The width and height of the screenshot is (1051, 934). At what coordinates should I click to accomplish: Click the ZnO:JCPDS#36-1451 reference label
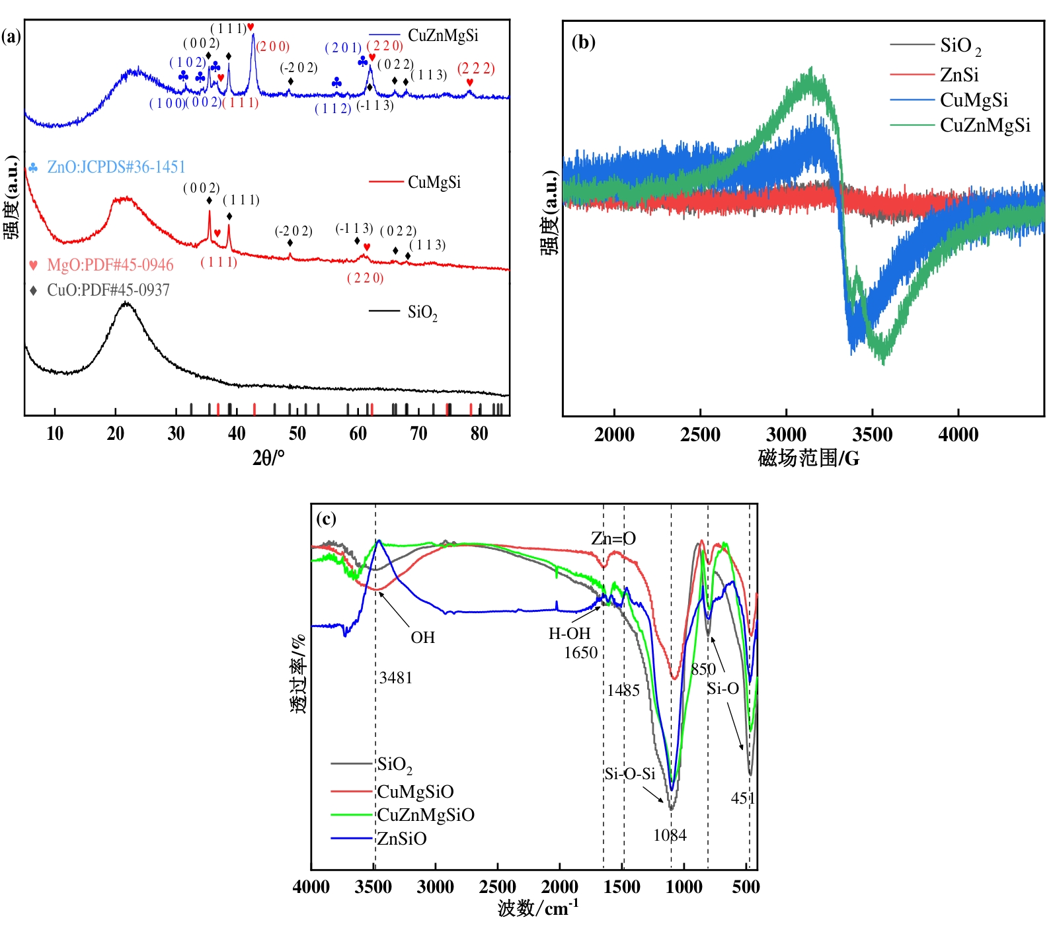[116, 167]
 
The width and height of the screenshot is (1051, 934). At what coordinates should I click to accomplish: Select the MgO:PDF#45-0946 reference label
[110, 265]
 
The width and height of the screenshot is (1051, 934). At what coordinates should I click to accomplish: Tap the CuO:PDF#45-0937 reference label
[108, 290]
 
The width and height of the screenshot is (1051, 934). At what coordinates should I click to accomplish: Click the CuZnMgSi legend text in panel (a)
[443, 36]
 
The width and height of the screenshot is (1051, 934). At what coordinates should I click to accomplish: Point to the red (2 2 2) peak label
[476, 69]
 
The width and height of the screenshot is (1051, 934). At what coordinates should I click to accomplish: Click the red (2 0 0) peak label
[273, 46]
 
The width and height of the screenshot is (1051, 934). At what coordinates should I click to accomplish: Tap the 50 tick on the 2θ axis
[297, 434]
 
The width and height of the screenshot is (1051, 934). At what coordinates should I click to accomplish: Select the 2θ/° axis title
[268, 457]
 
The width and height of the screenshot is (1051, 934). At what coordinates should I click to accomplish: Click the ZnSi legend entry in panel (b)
[959, 75]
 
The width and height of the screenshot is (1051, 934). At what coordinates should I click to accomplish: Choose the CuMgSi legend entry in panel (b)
[974, 100]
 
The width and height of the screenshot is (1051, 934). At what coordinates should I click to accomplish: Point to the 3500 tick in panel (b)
[873, 435]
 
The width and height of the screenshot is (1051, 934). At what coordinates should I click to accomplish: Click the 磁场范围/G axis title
[808, 458]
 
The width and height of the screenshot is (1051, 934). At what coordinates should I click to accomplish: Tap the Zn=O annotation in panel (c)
[613, 538]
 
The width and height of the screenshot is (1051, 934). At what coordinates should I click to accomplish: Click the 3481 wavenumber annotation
[396, 677]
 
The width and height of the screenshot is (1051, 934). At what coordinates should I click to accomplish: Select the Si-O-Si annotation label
[629, 773]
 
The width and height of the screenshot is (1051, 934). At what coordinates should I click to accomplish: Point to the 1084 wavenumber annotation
[670, 835]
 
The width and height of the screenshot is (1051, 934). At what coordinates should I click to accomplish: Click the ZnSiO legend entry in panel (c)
[402, 839]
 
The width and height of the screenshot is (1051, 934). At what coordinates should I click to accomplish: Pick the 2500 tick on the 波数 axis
[498, 887]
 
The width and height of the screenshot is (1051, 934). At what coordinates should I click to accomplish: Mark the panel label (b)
[584, 42]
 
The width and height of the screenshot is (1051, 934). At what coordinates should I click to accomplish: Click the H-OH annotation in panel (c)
[569, 633]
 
